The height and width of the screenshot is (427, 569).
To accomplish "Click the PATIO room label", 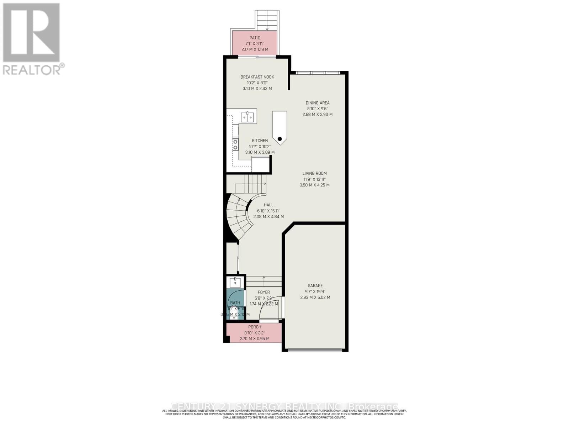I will pyautogui.click(x=255, y=38).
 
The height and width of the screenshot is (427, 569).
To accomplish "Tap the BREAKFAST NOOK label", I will pyautogui.click(x=257, y=77).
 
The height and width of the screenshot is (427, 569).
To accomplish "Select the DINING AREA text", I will pyautogui.click(x=318, y=103).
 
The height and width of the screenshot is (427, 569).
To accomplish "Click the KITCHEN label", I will pyautogui.click(x=260, y=141).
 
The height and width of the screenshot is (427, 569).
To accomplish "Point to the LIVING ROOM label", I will pyautogui.click(x=315, y=173).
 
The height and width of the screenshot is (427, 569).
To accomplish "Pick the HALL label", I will pyautogui.click(x=268, y=205).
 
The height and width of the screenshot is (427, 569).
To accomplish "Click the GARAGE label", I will pyautogui.click(x=315, y=285).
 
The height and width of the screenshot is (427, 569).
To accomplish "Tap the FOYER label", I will pyautogui.click(x=264, y=292).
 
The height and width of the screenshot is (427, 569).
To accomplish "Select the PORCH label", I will pyautogui.click(x=255, y=327).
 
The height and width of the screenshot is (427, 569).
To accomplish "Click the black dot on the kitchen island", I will pyautogui.click(x=280, y=139).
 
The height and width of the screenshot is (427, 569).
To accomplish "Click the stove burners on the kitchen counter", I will pyautogui.click(x=235, y=144).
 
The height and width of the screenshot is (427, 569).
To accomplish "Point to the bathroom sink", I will pyautogui.click(x=235, y=283).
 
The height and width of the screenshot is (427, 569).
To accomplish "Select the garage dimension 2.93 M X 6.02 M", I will pyautogui.click(x=315, y=297).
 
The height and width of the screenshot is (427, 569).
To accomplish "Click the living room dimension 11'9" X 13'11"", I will pyautogui.click(x=315, y=179).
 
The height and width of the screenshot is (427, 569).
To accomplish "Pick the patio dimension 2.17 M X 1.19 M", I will pyautogui.click(x=255, y=49).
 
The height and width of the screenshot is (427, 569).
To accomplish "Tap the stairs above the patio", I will pyautogui.click(x=267, y=20).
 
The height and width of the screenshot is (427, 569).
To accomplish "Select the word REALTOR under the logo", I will pyautogui.click(x=31, y=69).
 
